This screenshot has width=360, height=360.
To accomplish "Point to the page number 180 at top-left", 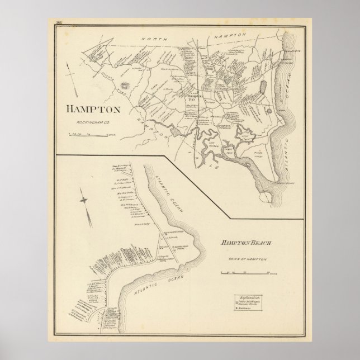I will pyautogui.click(x=59, y=22).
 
